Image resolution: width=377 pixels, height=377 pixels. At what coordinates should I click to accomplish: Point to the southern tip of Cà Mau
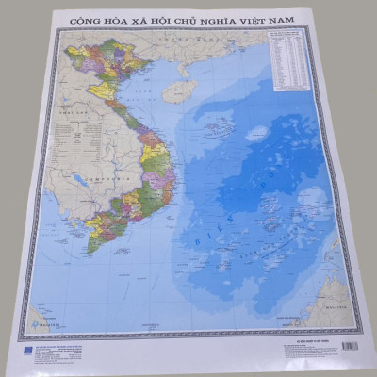pos(90,253)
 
